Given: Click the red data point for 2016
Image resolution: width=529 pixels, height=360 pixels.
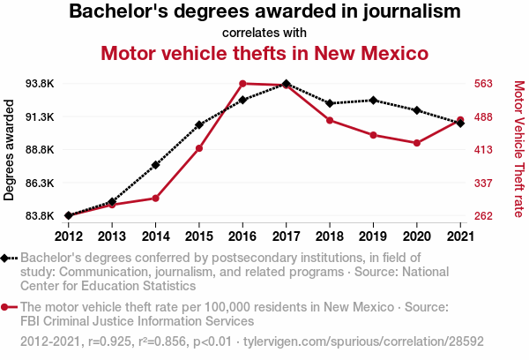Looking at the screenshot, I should tap(242, 84).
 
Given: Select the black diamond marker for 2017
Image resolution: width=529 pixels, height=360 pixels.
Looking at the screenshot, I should tap(286, 84).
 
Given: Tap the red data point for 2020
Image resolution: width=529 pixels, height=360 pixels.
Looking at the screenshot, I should tap(416, 143).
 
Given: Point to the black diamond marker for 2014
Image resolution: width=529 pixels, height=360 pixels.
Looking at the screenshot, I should tap(155, 165).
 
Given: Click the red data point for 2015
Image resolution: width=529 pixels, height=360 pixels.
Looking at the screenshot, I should tap(199, 148).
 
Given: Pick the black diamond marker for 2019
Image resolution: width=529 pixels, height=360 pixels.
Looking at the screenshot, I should tap(373, 101).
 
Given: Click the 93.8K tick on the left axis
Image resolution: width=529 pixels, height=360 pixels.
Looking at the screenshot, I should tap(41, 84).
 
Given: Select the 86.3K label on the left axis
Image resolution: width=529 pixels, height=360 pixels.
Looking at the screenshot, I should tap(41, 183).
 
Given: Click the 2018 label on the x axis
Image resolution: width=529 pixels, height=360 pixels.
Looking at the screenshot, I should tap(329, 236).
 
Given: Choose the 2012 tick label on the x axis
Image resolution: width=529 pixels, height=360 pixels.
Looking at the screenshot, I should tap(68, 236).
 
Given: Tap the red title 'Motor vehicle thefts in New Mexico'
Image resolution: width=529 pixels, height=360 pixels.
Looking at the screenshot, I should tap(264, 53).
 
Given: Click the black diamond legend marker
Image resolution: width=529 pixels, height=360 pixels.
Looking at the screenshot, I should tap(6, 259).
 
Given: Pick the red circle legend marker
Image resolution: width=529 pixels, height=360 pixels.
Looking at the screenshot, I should tap(6, 307).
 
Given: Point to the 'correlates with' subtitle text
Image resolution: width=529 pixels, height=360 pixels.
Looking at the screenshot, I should tap(264, 32).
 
